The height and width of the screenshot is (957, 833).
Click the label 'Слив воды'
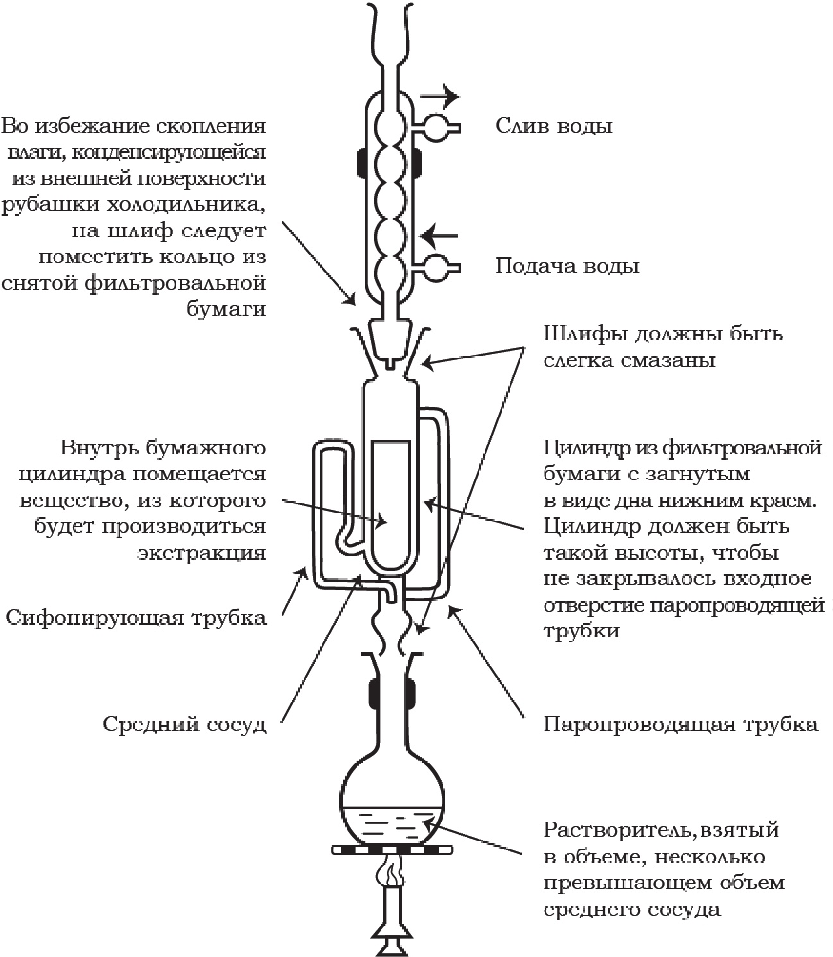[553, 125]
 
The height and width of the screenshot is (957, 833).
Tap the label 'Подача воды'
[567, 266]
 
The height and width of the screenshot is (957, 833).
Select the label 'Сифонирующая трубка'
[136, 617]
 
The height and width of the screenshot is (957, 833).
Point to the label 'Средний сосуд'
[184, 725]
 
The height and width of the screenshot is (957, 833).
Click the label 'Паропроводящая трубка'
[680, 725]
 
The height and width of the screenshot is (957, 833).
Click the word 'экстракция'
[202, 553]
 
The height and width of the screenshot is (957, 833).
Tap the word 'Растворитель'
[616, 830]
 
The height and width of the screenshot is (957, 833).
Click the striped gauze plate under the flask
[392, 849]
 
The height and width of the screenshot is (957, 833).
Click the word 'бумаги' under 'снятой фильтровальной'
[225, 308]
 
